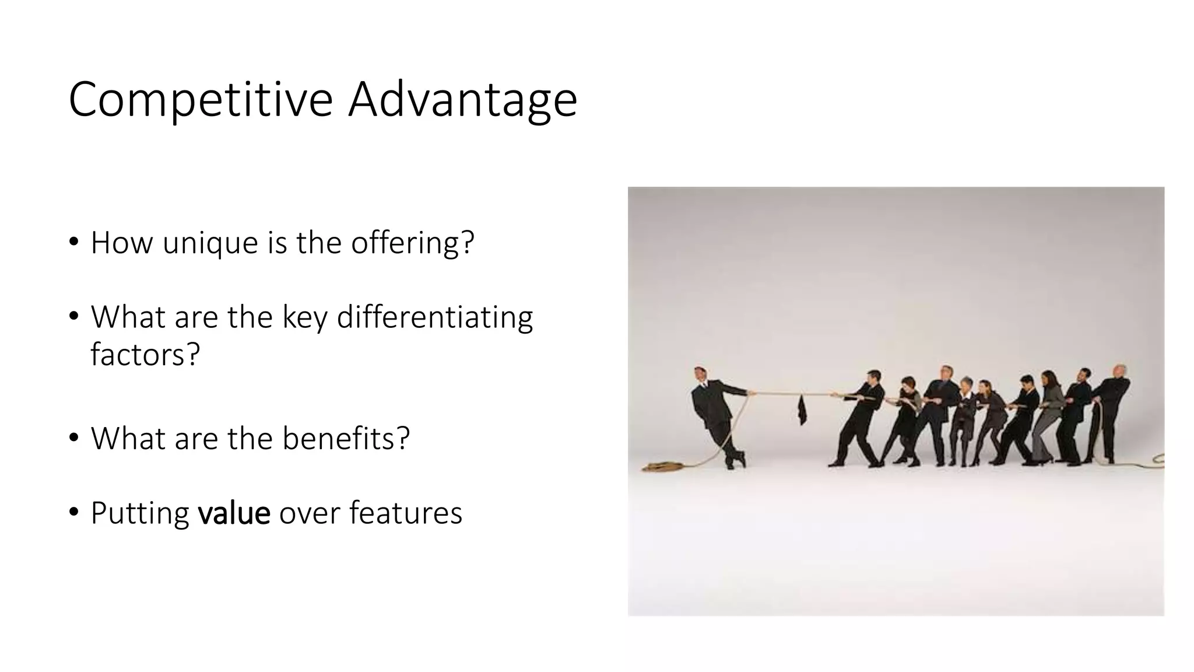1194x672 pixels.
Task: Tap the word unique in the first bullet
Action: pyautogui.click(x=210, y=243)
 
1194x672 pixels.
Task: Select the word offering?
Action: pyautogui.click(x=413, y=243)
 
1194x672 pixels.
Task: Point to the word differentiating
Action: pyautogui.click(x=434, y=318)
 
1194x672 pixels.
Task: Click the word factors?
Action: pyautogui.click(x=145, y=354)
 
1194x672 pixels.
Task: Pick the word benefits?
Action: pyautogui.click(x=346, y=439)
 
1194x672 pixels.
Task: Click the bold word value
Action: pyautogui.click(x=234, y=513)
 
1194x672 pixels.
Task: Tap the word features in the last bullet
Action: pyautogui.click(x=405, y=513)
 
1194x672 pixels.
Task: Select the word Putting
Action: pyautogui.click(x=140, y=513)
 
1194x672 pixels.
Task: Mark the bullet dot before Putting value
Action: pyautogui.click(x=73, y=512)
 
